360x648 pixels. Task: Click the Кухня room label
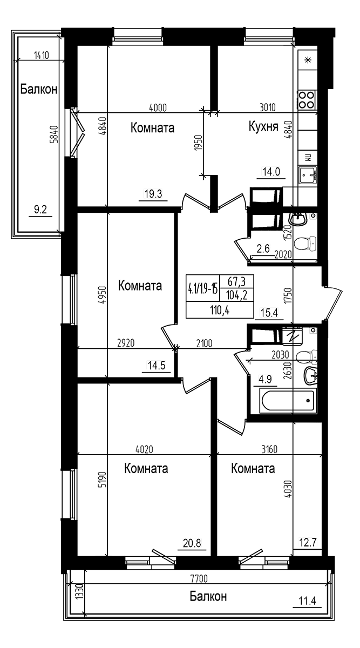(263, 127)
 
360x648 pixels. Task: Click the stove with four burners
(307, 100)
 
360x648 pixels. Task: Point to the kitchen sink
(308, 175)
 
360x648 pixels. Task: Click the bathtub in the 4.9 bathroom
(288, 401)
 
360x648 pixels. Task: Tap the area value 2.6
(263, 248)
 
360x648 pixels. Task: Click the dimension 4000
(157, 107)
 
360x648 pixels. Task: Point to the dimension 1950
(198, 144)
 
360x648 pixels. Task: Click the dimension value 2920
(125, 342)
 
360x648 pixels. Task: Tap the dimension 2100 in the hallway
(204, 342)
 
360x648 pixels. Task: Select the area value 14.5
(157, 366)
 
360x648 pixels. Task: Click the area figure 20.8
(192, 543)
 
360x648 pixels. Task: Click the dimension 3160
(268, 449)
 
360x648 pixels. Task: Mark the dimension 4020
(144, 449)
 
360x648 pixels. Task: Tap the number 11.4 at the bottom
(307, 600)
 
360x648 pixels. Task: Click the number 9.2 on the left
(40, 210)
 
